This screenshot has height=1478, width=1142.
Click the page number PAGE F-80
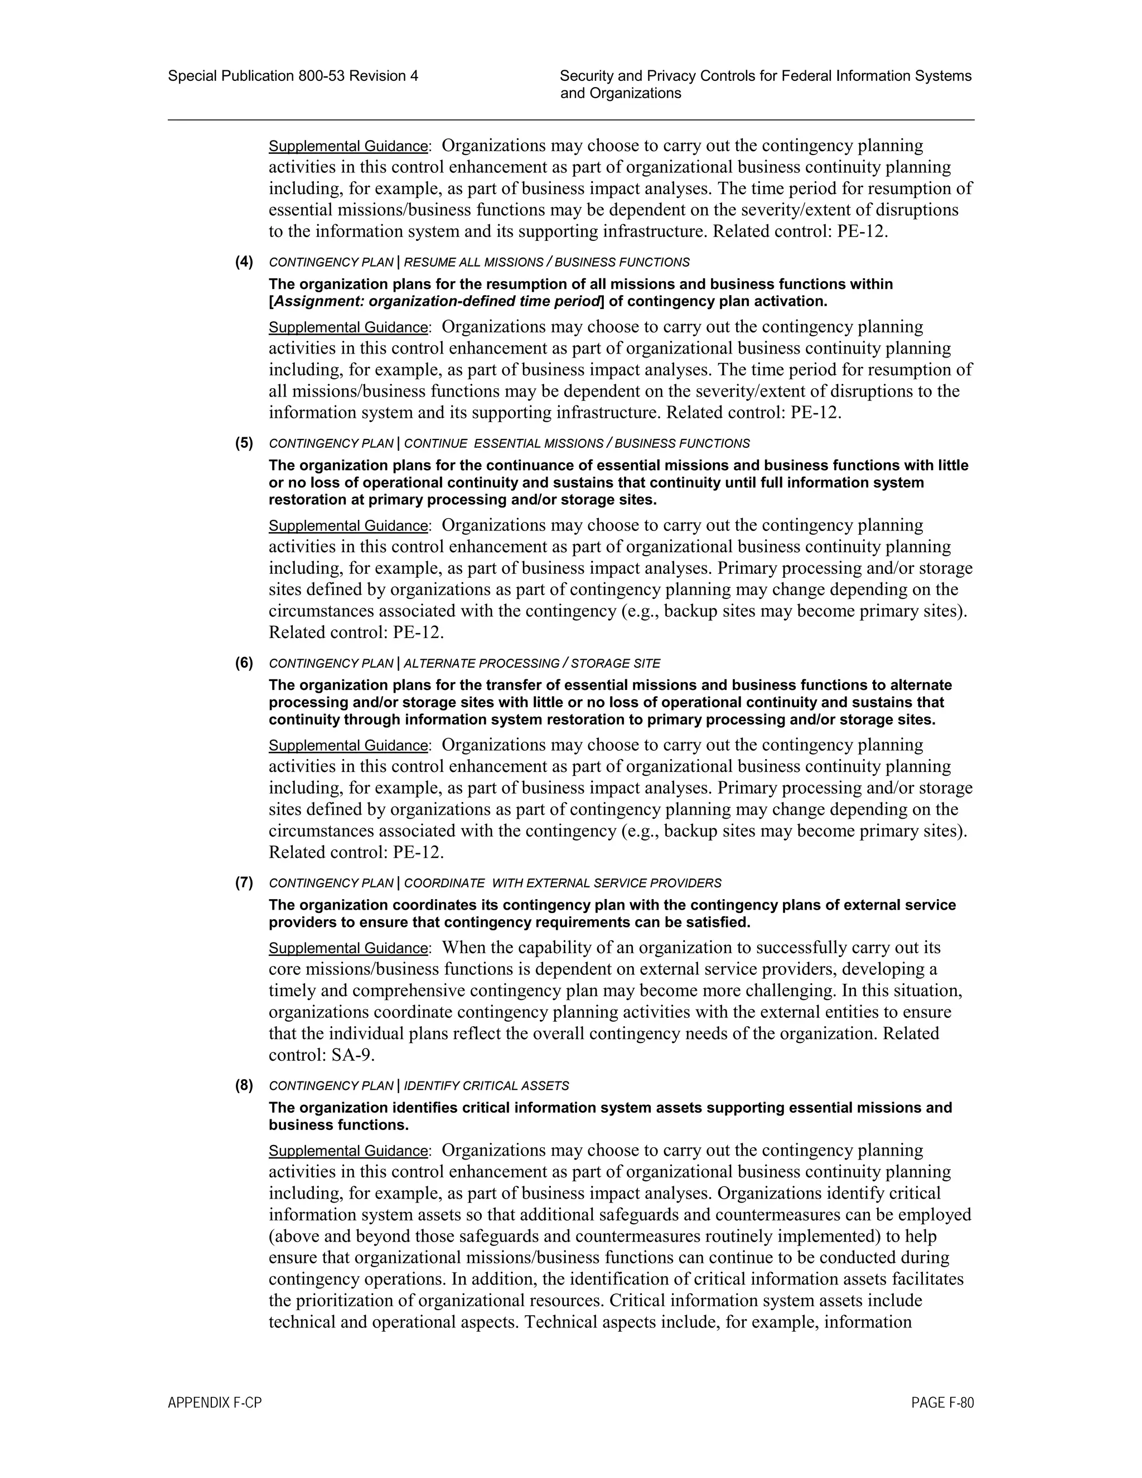coord(942,1403)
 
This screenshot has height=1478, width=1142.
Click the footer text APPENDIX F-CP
coord(215,1403)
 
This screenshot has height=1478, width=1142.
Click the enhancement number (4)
coord(244,262)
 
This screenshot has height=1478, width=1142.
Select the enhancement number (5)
coord(244,443)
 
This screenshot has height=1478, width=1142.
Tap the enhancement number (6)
coord(244,663)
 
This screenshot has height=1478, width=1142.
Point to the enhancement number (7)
coord(244,882)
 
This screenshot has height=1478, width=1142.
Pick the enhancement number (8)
coord(244,1085)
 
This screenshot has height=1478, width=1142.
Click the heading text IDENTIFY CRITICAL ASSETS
coord(486,1086)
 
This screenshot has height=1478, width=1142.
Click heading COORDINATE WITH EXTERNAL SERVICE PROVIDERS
coord(562,883)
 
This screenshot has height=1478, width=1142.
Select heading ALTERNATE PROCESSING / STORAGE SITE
coord(532,664)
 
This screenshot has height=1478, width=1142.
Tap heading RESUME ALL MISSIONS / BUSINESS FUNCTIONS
coord(546,263)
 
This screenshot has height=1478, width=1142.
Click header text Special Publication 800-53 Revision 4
coord(293,76)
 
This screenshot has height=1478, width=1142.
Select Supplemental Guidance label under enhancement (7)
coord(348,948)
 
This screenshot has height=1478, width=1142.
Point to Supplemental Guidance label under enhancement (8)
coord(348,1151)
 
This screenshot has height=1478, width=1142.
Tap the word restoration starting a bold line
coord(302,500)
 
